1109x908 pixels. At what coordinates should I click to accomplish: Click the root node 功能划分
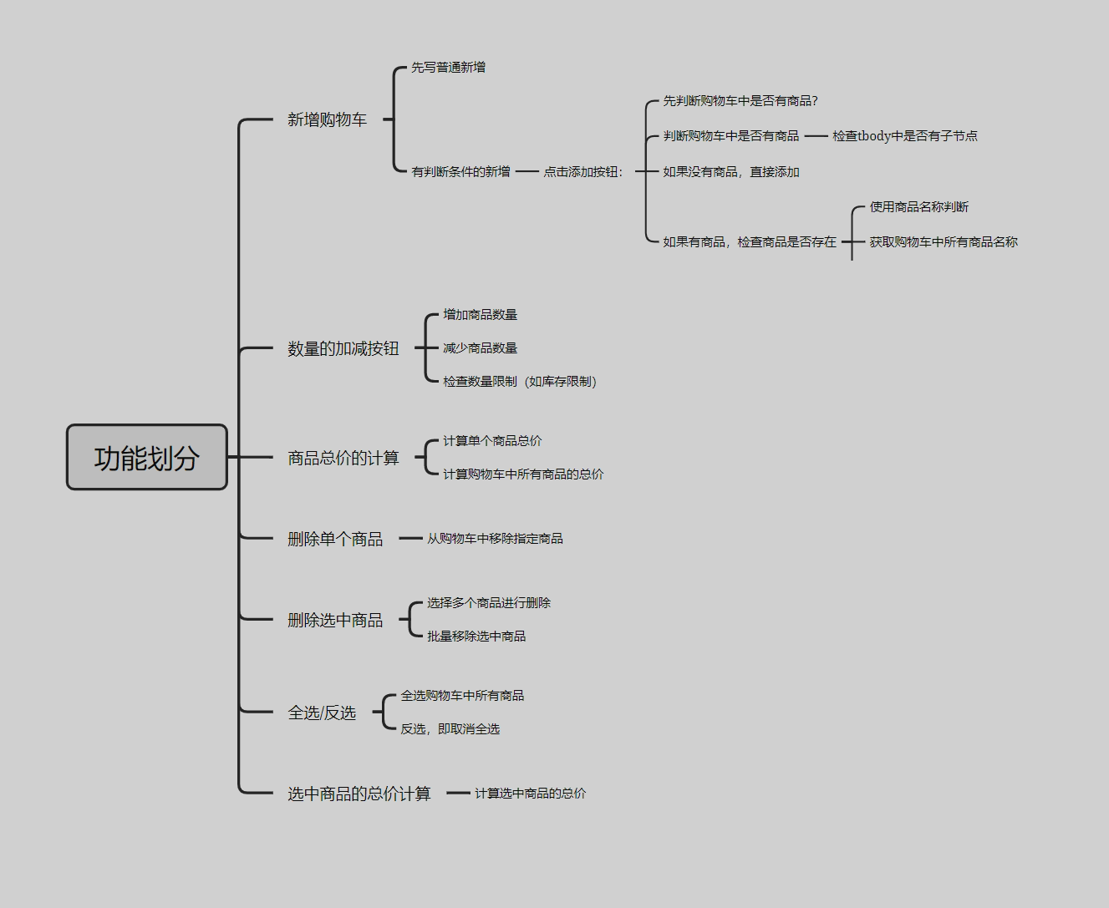point(147,458)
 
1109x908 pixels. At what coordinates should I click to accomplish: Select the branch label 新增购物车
point(327,120)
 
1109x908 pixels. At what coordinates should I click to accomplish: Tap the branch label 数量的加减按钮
point(343,349)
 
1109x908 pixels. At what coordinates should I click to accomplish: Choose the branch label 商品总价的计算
point(343,459)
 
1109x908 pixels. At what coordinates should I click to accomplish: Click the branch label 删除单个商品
point(335,540)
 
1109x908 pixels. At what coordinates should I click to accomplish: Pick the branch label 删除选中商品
point(335,621)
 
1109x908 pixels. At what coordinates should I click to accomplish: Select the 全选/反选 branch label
point(322,713)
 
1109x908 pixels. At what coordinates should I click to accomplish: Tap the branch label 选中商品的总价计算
point(359,794)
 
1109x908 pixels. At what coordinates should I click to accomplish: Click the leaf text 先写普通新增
point(448,68)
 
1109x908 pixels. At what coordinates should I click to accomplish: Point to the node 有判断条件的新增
point(460,172)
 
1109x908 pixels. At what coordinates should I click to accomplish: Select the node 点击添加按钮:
point(583,172)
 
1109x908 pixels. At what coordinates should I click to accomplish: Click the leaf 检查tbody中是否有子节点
point(905,136)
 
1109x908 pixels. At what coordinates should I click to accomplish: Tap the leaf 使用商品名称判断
point(919,207)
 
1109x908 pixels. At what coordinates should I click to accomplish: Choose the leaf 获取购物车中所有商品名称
point(944,242)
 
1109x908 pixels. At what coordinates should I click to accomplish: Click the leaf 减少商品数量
point(481,348)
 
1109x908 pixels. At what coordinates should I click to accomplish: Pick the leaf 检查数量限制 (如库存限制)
point(520,382)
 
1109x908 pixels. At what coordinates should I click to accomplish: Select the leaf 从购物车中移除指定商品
point(495,539)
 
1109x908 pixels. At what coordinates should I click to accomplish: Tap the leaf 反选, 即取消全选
point(450,729)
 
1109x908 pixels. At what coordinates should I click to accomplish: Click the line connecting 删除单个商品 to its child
point(410,539)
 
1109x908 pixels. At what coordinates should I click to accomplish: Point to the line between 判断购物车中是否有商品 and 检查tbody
point(816,136)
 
